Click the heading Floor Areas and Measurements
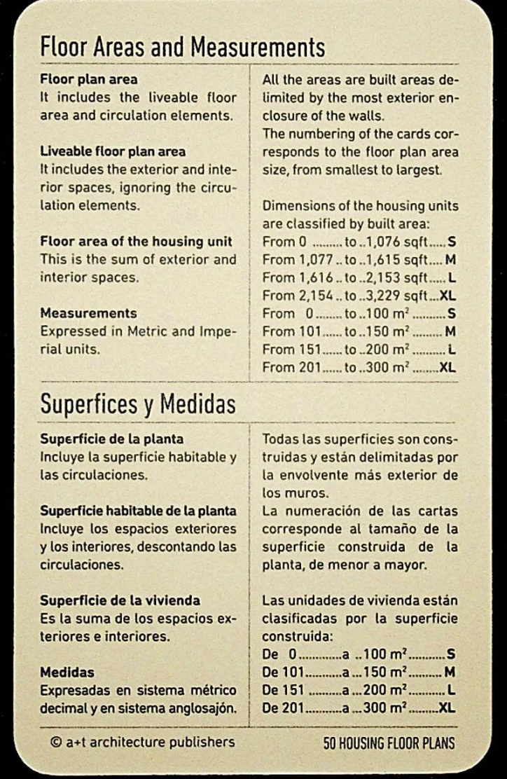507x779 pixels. point(183,49)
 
